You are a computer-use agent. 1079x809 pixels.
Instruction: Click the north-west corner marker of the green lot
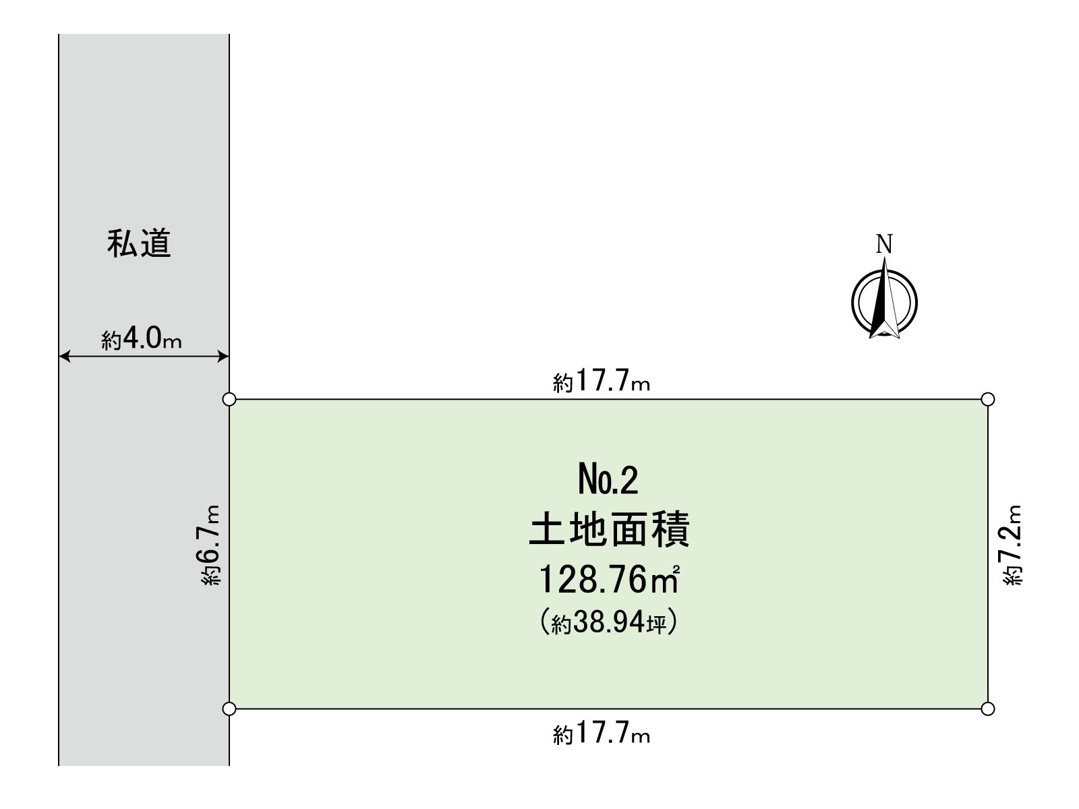click(x=229, y=399)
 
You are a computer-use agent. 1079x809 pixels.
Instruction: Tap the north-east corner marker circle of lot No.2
click(x=987, y=399)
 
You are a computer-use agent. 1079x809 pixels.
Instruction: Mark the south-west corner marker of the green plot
click(x=229, y=709)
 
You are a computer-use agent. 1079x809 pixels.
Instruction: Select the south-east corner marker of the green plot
click(x=987, y=709)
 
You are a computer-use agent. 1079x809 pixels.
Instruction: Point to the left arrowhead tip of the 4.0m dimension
click(x=59, y=356)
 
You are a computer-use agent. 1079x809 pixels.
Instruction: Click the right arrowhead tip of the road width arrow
click(x=229, y=356)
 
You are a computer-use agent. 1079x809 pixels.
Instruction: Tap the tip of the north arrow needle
click(x=885, y=258)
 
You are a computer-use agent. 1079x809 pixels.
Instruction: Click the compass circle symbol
click(x=884, y=303)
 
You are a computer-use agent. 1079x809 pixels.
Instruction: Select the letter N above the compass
click(x=884, y=243)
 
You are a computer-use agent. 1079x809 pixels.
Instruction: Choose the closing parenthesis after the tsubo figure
click(x=672, y=622)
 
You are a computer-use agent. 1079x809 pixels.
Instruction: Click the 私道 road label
click(x=139, y=243)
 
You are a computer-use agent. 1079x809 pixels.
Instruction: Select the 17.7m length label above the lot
click(x=601, y=380)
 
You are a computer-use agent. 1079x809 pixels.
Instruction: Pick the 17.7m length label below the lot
click(x=601, y=732)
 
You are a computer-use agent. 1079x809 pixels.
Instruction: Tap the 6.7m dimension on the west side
click(x=210, y=545)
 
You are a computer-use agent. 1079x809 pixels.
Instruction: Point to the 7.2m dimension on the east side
click(x=1013, y=545)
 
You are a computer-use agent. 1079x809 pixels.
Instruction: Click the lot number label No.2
click(x=608, y=481)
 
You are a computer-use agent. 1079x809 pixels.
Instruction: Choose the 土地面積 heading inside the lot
click(x=610, y=529)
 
